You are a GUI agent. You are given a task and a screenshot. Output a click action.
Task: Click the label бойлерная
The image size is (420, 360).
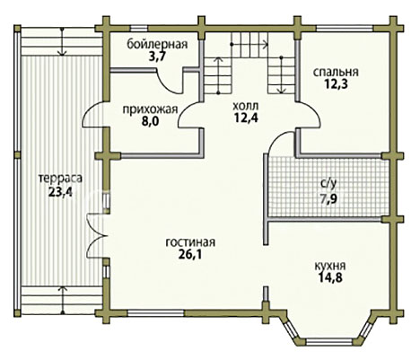[x=157, y=44]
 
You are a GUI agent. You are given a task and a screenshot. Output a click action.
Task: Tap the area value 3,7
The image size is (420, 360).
[x=157, y=56]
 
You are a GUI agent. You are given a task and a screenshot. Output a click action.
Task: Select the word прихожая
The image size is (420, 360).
[x=150, y=110]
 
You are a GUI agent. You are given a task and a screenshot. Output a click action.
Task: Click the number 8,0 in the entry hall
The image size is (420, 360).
[x=151, y=122]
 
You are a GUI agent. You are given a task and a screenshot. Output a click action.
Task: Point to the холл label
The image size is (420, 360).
[x=246, y=106]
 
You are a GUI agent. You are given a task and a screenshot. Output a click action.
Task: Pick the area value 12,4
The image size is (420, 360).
[x=246, y=118]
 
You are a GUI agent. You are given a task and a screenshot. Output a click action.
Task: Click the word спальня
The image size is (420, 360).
[x=336, y=72]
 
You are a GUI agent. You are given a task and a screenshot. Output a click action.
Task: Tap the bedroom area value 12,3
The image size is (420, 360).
[x=336, y=84]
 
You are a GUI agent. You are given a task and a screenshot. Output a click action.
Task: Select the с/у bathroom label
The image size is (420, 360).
[x=328, y=183]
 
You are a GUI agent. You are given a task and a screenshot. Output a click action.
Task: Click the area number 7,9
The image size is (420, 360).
[x=328, y=198]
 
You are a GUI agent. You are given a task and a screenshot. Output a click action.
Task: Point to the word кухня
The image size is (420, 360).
[x=330, y=266]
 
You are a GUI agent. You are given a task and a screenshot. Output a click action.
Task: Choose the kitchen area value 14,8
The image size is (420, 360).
[x=330, y=278]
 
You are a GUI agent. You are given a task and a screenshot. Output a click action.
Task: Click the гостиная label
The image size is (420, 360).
[x=190, y=242]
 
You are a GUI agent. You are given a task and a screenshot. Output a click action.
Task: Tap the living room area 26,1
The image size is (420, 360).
[x=190, y=254]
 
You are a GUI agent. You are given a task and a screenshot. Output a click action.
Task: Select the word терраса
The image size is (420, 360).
[x=60, y=179]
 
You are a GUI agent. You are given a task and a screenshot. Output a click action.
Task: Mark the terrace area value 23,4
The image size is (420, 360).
[x=60, y=191]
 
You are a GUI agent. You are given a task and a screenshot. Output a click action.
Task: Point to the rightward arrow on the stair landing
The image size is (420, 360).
[x=249, y=45]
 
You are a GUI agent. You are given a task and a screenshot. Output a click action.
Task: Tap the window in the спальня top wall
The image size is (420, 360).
[x=345, y=29]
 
